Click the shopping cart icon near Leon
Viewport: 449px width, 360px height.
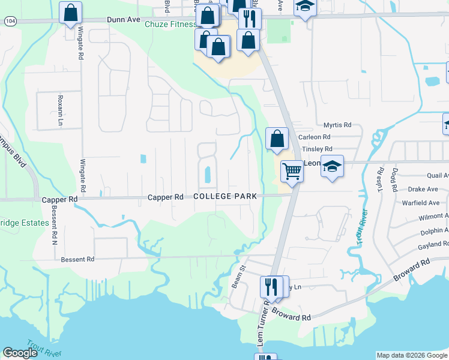(292, 171)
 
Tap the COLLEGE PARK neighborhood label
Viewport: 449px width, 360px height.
(225, 196)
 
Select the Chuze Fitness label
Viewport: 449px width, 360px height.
(170, 25)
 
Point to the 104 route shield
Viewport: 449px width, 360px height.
(9, 20)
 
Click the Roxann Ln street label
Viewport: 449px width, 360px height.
(60, 107)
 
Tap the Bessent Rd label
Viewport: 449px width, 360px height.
(78, 260)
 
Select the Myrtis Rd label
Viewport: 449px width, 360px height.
(337, 125)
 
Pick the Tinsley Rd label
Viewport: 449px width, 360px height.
(318, 149)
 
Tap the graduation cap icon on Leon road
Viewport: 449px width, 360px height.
(331, 166)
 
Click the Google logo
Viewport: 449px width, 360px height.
(20, 353)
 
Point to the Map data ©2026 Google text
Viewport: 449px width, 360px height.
(412, 355)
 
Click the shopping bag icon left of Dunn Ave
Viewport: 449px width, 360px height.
(71, 13)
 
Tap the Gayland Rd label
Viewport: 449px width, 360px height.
(433, 244)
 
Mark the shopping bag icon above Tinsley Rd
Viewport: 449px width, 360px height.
(277, 139)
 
